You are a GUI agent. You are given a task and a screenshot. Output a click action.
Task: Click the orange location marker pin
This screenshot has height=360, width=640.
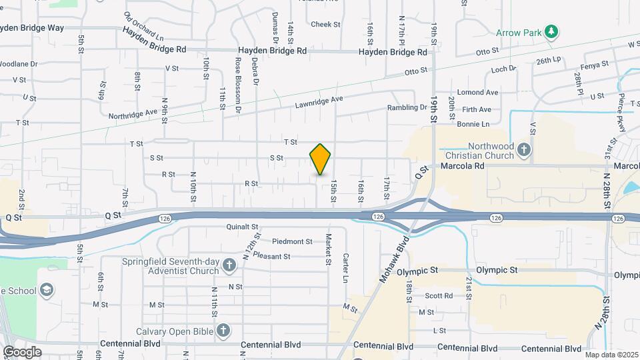(x=320, y=159)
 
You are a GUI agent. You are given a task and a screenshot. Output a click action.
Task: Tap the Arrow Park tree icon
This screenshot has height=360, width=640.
(x=551, y=31)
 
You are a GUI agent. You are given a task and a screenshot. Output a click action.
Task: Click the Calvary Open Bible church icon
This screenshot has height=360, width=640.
(x=223, y=330)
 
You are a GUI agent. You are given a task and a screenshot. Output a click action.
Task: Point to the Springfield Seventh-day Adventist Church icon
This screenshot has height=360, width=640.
(x=229, y=266)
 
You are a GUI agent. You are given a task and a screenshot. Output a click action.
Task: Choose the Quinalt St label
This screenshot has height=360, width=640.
(x=242, y=227)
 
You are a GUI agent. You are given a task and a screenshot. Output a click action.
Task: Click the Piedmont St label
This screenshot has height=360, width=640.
(x=292, y=241)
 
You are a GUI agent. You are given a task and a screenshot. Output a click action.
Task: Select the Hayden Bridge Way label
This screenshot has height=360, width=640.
(x=32, y=28)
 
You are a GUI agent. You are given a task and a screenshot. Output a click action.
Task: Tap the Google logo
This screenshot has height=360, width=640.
(x=21, y=351)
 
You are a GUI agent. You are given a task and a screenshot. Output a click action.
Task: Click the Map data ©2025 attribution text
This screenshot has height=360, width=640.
(x=611, y=355)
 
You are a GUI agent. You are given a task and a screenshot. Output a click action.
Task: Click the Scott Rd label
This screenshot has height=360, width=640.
(x=439, y=296)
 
